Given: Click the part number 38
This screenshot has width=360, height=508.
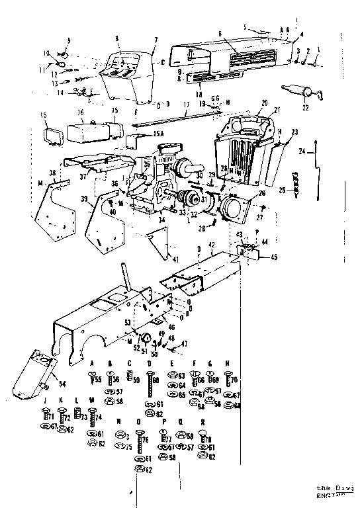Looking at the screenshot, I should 52,173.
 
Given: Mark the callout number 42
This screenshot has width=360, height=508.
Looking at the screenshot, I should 211,245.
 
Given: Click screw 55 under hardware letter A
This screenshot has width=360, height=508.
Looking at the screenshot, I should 90,379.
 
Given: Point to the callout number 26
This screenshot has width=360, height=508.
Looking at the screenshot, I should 261,194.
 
